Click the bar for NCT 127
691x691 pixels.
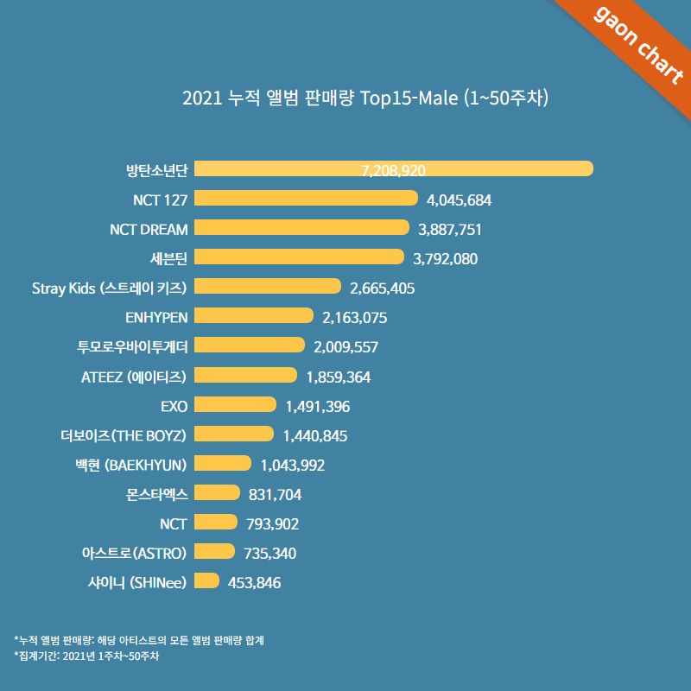click(307, 199)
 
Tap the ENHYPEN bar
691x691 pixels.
click(254, 316)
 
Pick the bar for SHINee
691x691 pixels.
click(207, 581)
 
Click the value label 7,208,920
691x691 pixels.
click(393, 170)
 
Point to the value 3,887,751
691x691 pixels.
click(449, 229)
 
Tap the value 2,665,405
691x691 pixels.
click(383, 288)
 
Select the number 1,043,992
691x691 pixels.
click(292, 465)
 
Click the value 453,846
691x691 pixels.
click(254, 582)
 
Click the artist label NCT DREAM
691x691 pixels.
click(149, 228)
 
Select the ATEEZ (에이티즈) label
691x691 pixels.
click(131, 376)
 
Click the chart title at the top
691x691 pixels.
click(365, 97)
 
